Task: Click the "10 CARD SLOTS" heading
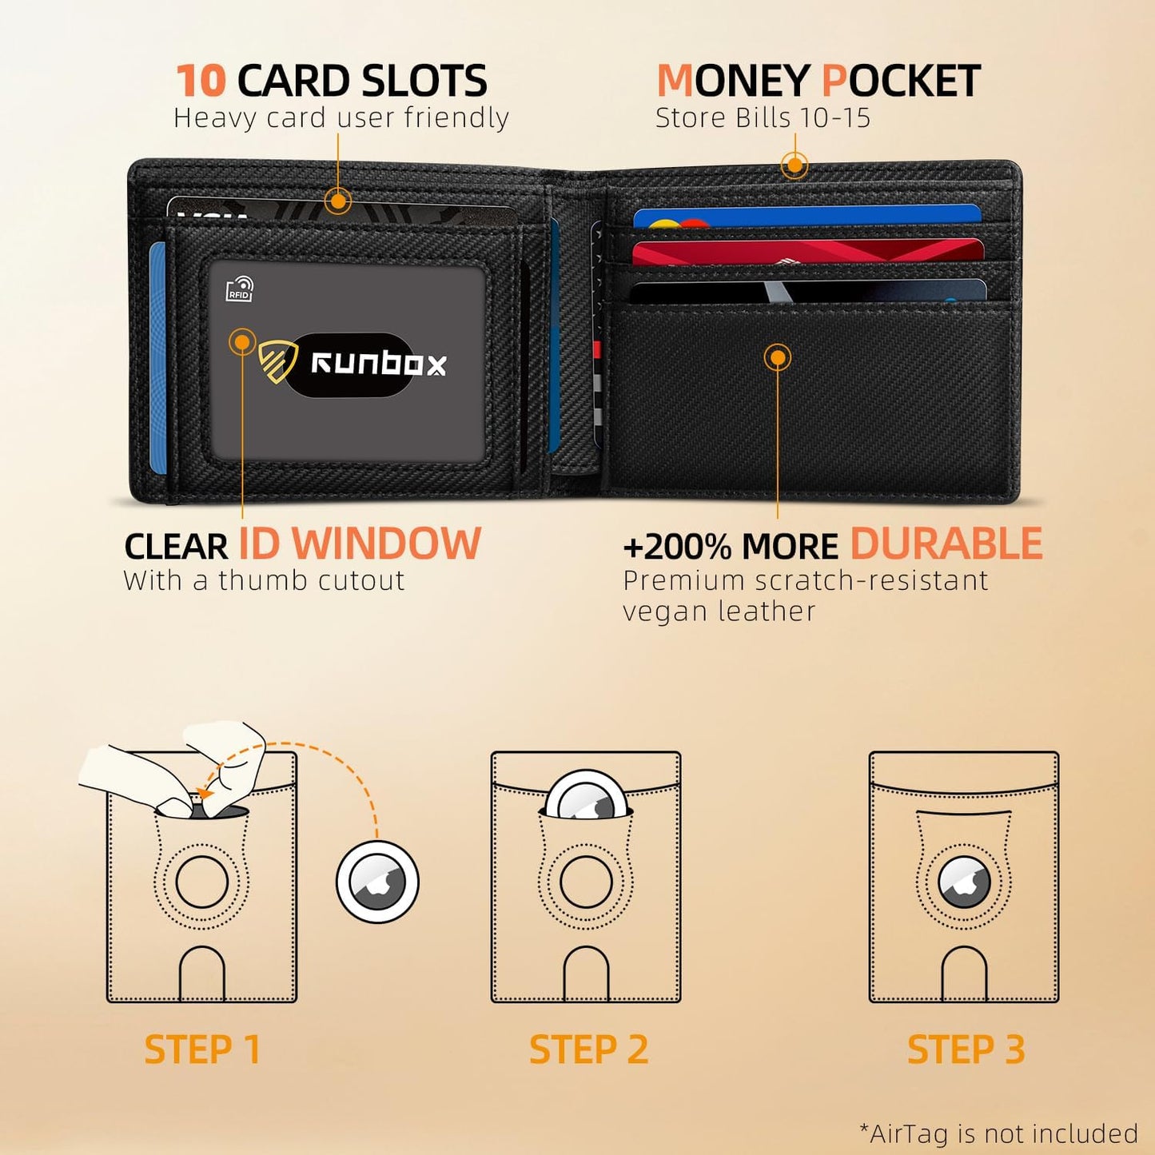coord(331,81)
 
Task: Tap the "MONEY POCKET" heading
coord(818,81)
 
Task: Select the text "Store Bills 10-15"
coord(762,118)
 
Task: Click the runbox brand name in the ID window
coord(378,364)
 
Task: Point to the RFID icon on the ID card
coord(240,289)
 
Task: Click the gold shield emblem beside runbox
coord(277,361)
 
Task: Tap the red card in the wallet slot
coord(807,252)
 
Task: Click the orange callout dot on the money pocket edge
coord(794,166)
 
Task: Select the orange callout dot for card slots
coord(338,201)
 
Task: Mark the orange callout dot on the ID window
coord(242,342)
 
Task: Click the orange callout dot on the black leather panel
coord(777,357)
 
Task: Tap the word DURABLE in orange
coord(946,545)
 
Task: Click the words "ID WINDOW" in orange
coord(360,545)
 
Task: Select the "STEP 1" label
coord(202,1049)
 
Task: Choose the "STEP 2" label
coord(588,1049)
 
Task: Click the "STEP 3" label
coord(966,1049)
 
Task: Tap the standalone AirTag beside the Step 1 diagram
coord(377,882)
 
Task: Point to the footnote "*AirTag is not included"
coord(998,1133)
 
